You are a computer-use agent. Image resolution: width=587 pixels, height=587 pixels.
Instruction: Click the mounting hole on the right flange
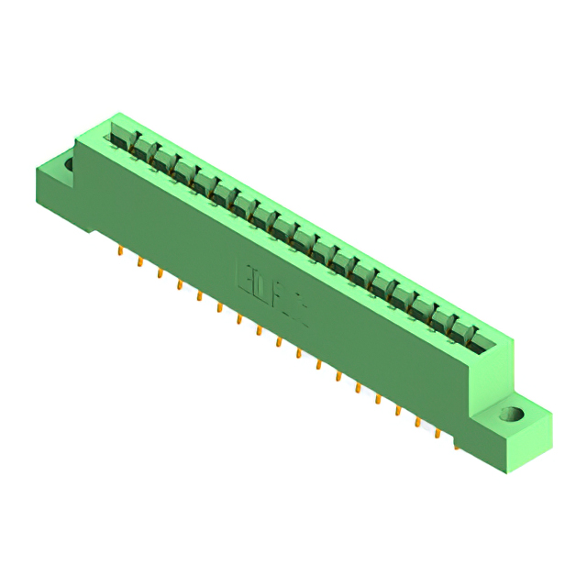point(510,415)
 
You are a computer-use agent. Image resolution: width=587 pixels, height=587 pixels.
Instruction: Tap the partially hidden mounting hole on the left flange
point(69,165)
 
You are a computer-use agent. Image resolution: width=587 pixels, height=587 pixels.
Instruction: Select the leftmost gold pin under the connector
point(120,249)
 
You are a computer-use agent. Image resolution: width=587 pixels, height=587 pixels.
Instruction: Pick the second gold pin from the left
point(139,261)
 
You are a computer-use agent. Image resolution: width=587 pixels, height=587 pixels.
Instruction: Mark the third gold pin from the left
point(160,272)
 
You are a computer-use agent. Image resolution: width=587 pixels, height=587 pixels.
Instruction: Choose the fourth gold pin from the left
point(179,284)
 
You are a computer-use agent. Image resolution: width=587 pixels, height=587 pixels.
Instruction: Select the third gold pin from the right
point(418,422)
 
